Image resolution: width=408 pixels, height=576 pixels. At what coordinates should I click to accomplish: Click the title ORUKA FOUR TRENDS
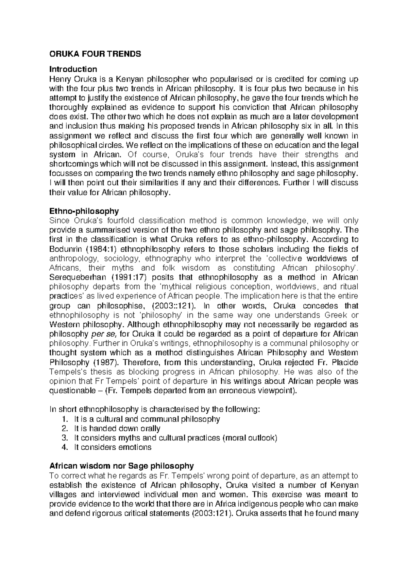95,54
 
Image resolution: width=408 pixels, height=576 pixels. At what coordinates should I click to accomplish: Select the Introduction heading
73,69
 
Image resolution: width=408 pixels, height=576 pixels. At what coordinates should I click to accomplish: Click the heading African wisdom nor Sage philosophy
122,465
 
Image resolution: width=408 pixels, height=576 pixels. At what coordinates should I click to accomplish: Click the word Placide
344,362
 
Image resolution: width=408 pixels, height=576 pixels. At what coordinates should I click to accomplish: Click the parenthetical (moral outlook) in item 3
250,438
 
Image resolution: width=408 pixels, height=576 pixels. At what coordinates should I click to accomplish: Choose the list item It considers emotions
113,447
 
